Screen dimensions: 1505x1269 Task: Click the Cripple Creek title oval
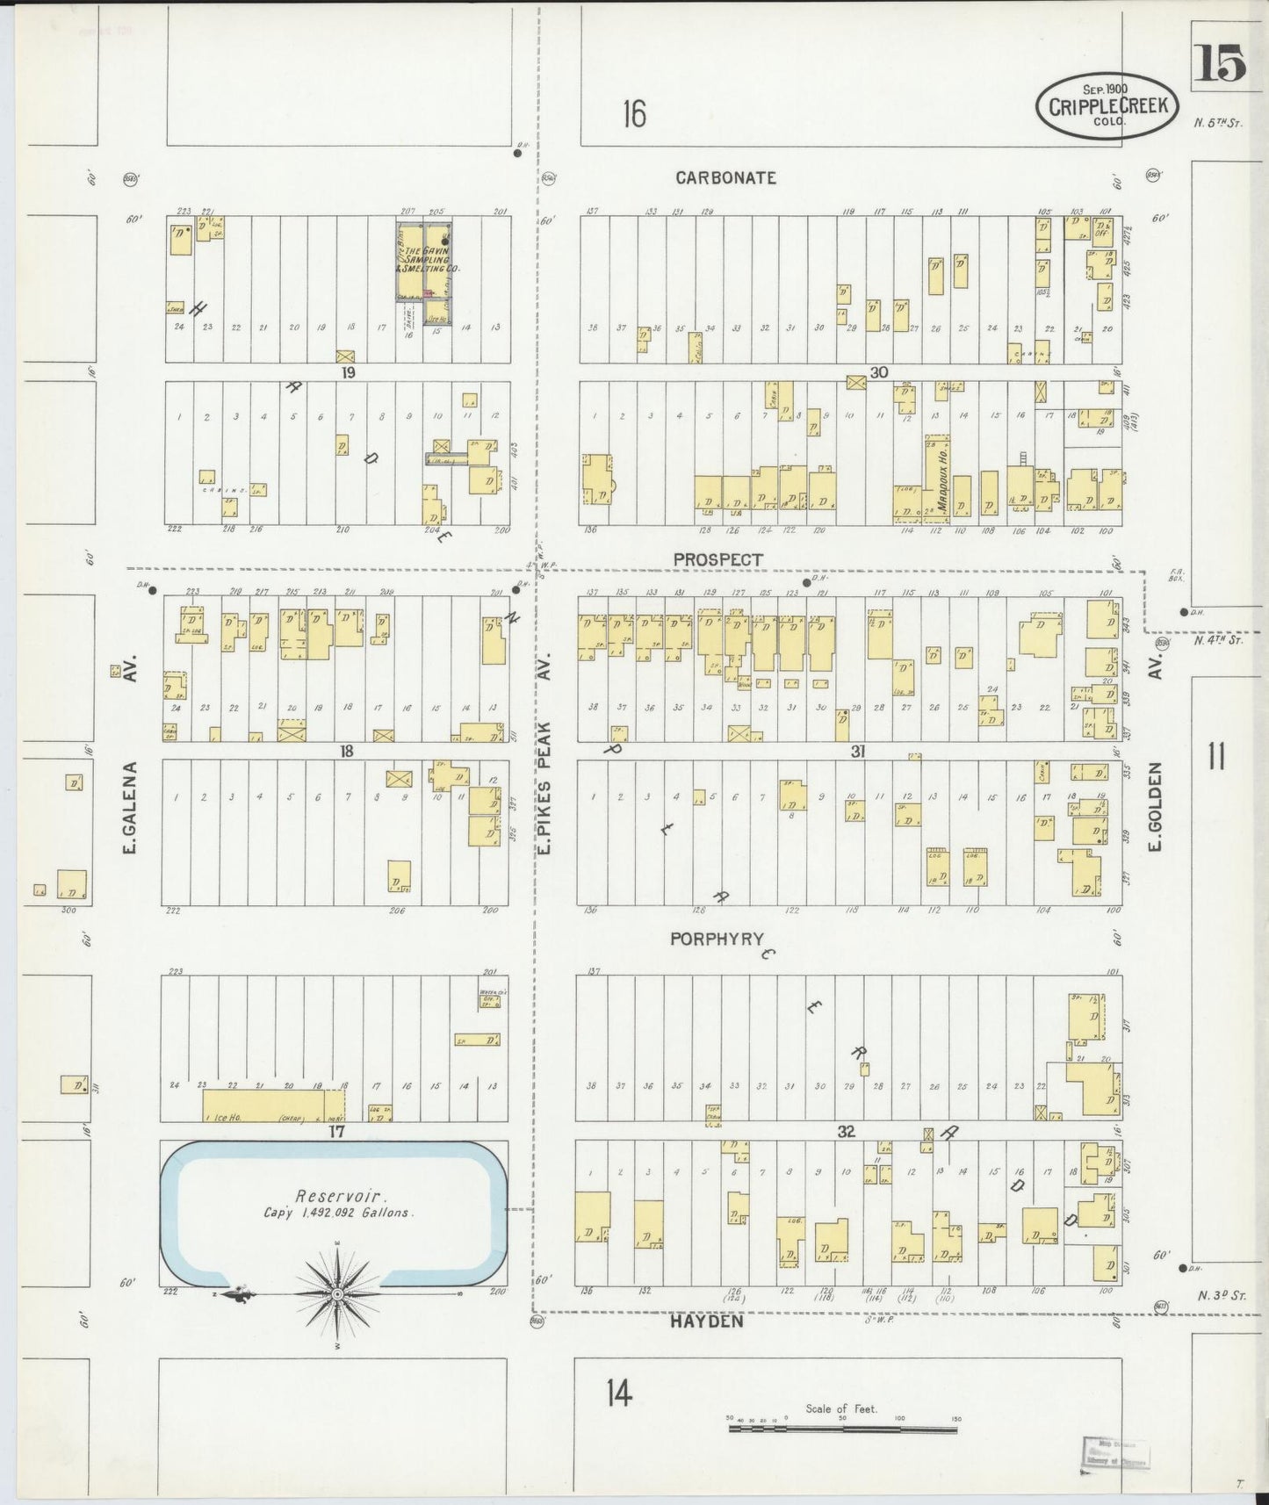[1106, 106]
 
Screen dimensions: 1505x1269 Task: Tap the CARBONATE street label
[725, 178]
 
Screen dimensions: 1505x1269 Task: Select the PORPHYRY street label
[717, 939]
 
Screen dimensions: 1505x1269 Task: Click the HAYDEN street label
[707, 1321]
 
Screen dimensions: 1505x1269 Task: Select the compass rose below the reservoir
[337, 1294]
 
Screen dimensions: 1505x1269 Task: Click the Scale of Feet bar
[841, 1429]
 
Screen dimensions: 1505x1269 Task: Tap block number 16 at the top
[634, 114]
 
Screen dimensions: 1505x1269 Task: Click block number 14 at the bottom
[618, 1393]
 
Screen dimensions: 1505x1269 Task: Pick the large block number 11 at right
[1215, 756]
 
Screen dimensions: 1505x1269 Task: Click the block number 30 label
[878, 372]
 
